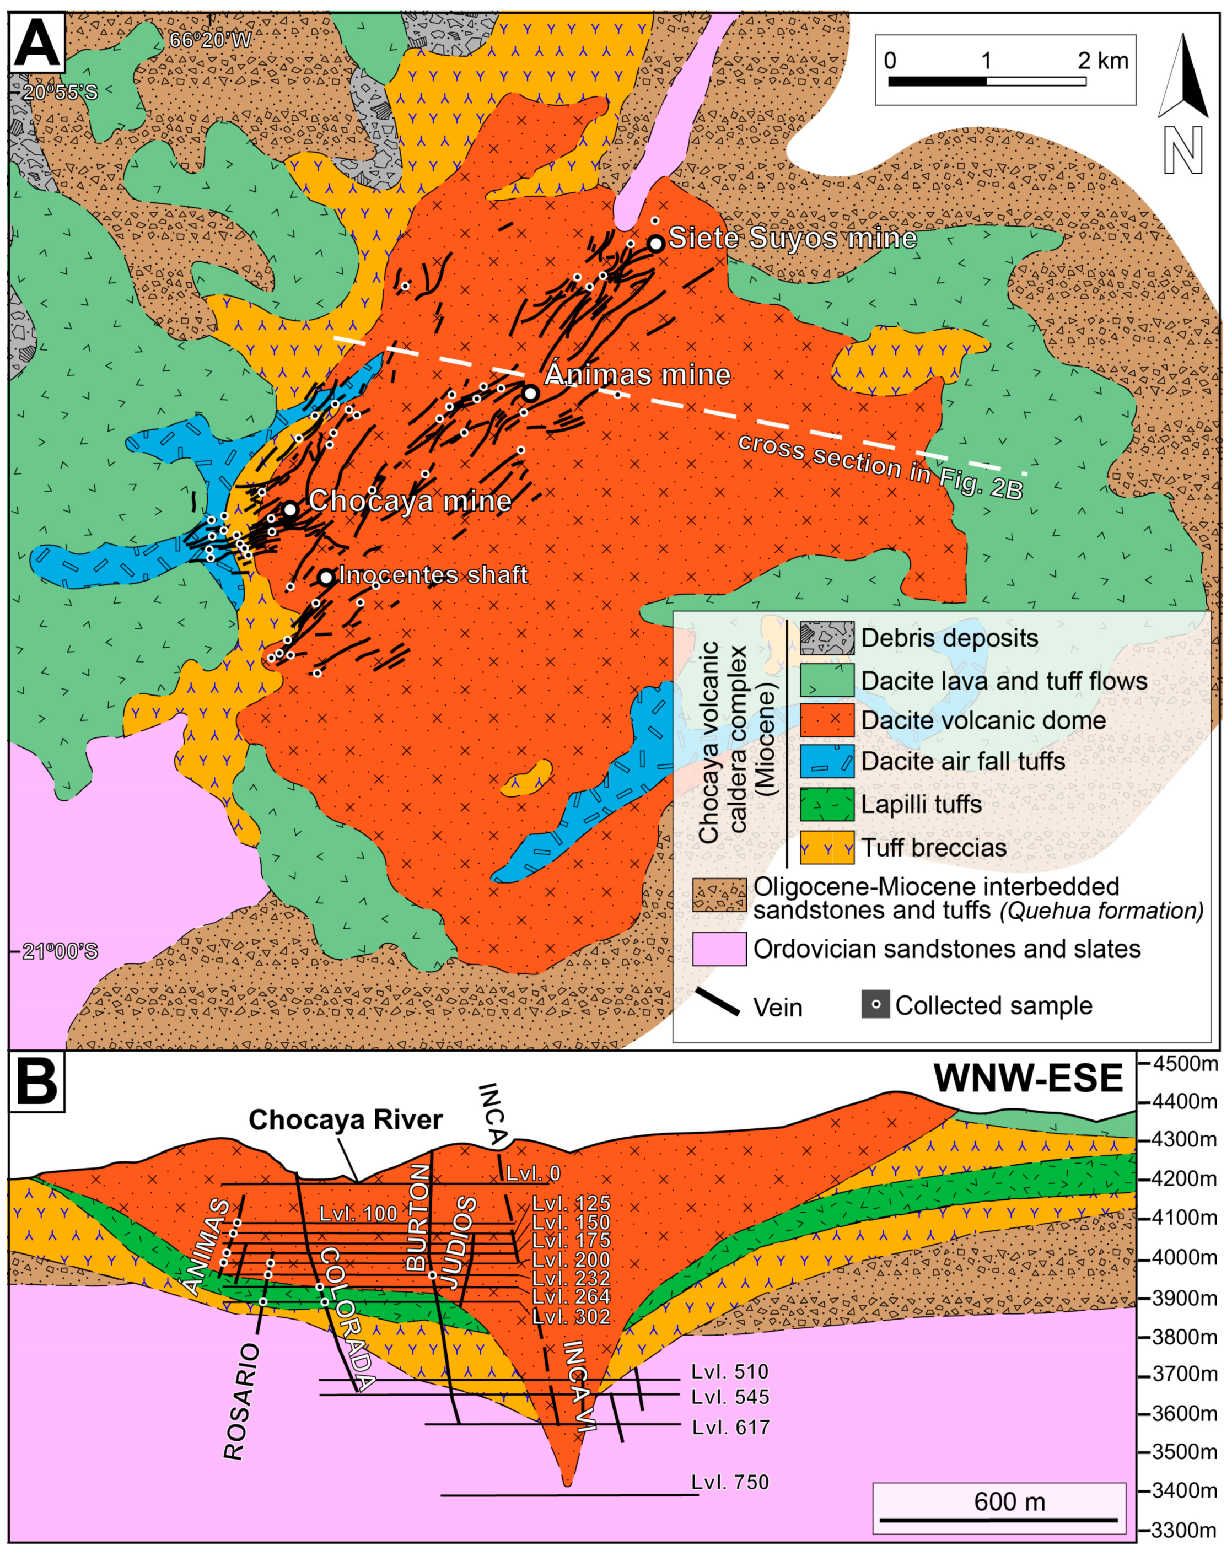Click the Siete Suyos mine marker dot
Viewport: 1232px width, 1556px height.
pyautogui.click(x=655, y=244)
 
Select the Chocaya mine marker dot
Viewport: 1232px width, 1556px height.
pyautogui.click(x=290, y=509)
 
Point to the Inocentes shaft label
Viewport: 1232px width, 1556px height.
pyautogui.click(x=433, y=575)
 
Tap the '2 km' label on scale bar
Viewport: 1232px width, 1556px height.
pyautogui.click(x=1103, y=61)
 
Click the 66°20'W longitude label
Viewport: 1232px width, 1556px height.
pyautogui.click(x=210, y=40)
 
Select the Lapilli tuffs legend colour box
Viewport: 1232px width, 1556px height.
pyautogui.click(x=827, y=804)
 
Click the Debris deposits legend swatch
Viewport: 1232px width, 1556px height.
pyautogui.click(x=827, y=638)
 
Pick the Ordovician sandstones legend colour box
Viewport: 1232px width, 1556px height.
pyautogui.click(x=718, y=949)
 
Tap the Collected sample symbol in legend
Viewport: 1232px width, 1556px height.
pyautogui.click(x=875, y=1005)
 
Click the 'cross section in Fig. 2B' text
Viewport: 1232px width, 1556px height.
pyautogui.click(x=880, y=467)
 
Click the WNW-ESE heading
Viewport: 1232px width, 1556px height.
pyautogui.click(x=1028, y=1079)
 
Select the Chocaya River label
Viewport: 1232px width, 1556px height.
pyautogui.click(x=346, y=1119)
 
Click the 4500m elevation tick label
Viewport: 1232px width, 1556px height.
pyautogui.click(x=1182, y=1063)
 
